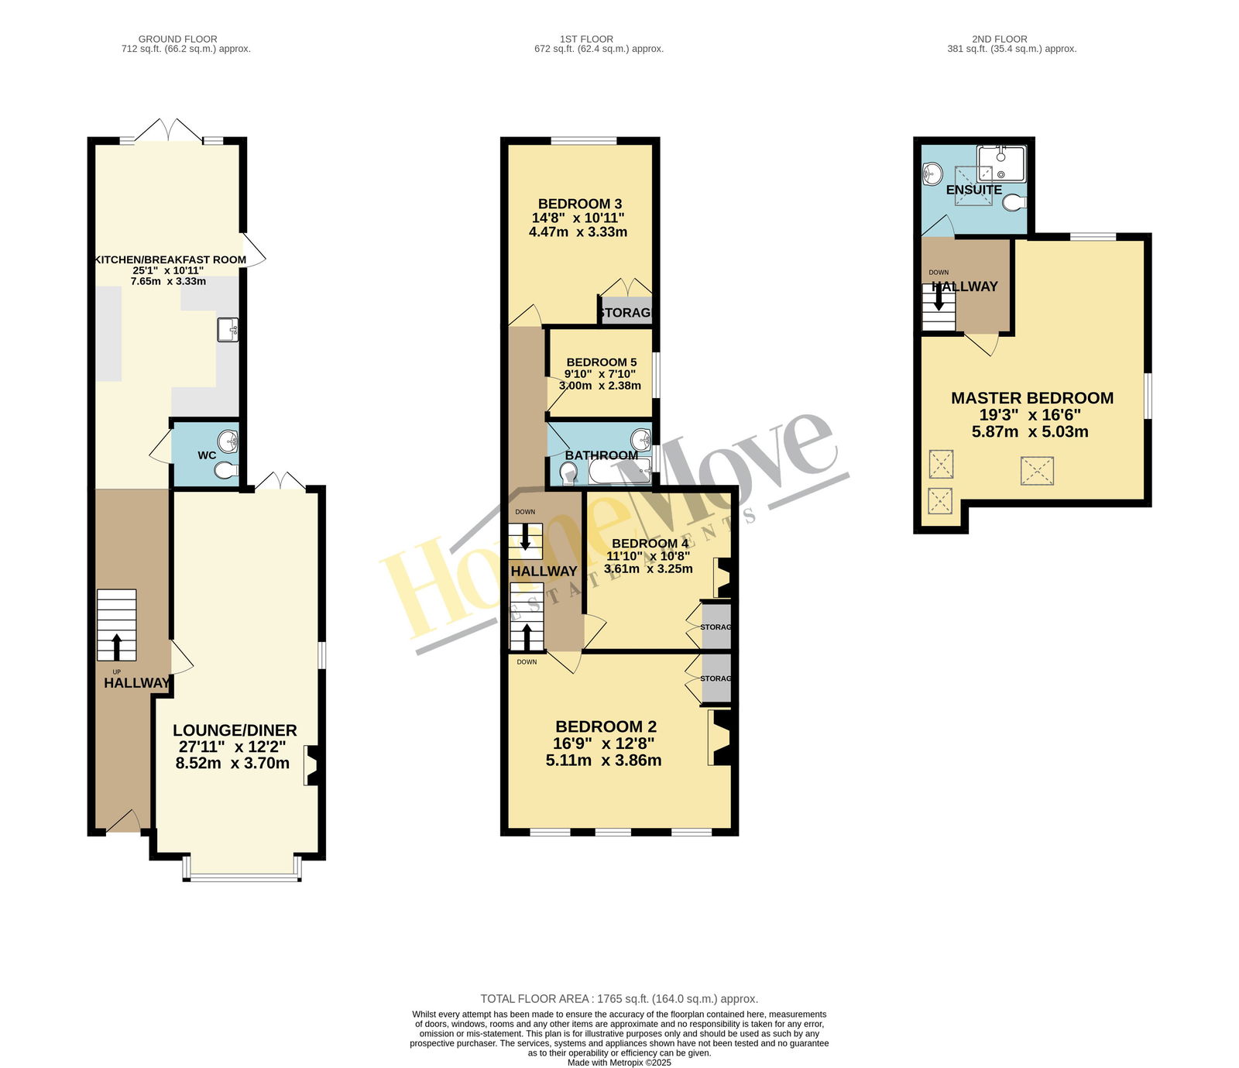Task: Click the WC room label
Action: tap(207, 455)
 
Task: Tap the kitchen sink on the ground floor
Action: tap(228, 330)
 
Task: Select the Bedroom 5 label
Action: tap(602, 362)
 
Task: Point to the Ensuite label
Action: tap(974, 190)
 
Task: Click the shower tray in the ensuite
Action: tap(1001, 164)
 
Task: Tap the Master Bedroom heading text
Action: tap(1032, 398)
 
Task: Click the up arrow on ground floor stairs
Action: tap(117, 647)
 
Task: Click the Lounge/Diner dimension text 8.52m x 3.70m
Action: tap(233, 763)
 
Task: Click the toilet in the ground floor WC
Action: tap(226, 470)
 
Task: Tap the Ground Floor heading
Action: tap(178, 39)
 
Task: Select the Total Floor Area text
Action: tap(619, 999)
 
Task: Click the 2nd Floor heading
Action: tap(1000, 39)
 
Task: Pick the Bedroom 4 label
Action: tap(650, 544)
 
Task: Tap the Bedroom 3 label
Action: tap(580, 204)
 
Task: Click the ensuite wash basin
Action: tap(932, 172)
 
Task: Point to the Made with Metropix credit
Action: tap(619, 1063)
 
